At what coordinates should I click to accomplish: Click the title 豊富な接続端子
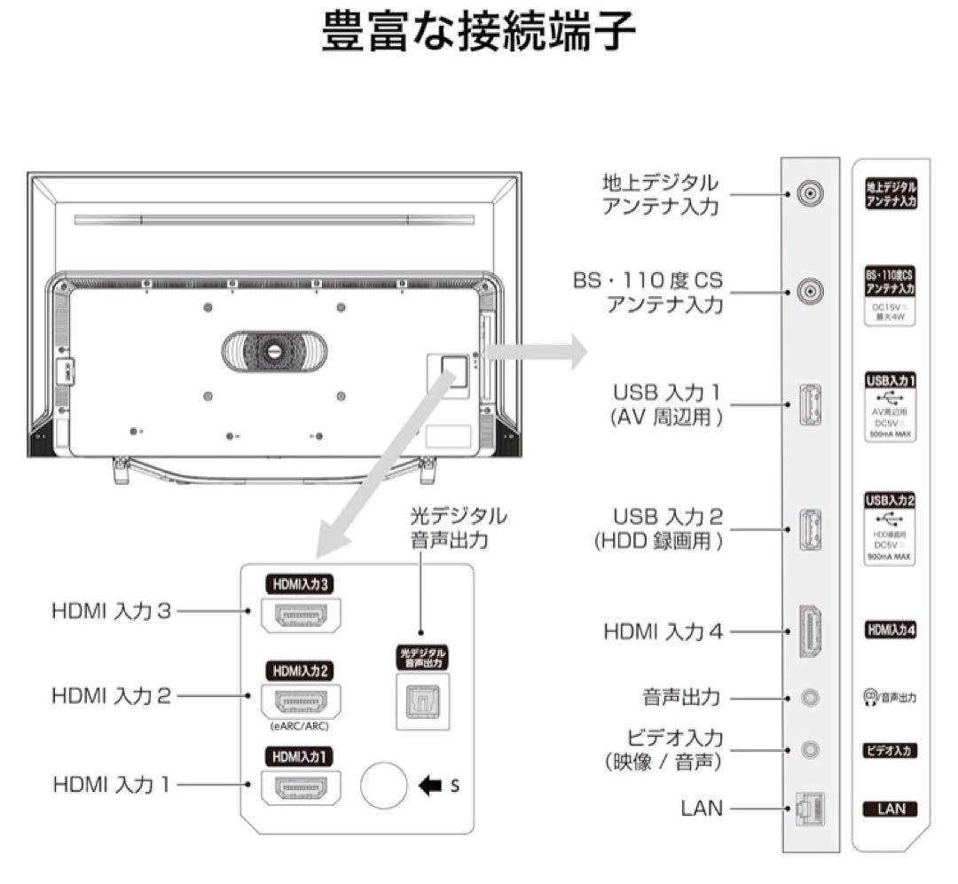(478, 33)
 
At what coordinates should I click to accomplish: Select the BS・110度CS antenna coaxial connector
(809, 290)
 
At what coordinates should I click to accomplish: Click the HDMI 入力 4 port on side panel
(809, 631)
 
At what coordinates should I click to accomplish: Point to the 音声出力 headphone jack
(809, 697)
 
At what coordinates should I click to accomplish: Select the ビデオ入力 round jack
(809, 750)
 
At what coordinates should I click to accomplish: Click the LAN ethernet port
(809, 809)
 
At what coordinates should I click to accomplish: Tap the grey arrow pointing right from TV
(536, 351)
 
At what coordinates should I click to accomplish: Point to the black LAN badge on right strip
(890, 809)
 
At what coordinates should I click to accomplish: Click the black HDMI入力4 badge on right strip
(890, 630)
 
